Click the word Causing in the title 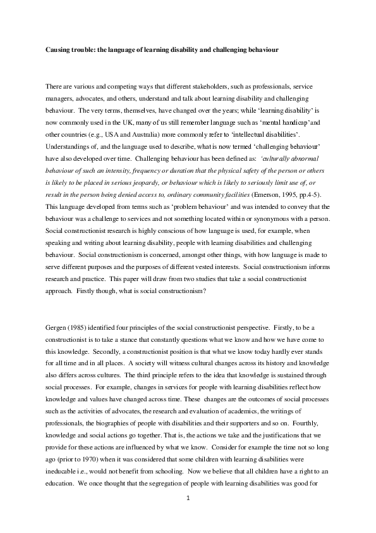tap(58, 49)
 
